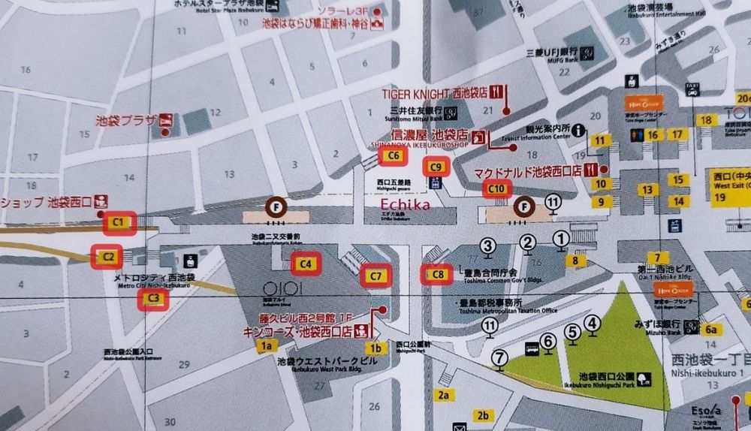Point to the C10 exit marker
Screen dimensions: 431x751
click(496, 188)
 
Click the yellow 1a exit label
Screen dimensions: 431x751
click(265, 346)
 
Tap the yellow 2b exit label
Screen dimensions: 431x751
click(484, 415)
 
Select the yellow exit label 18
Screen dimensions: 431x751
click(705, 120)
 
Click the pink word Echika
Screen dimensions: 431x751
click(406, 203)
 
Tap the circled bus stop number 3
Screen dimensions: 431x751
click(488, 245)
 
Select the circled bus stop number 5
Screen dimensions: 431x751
click(573, 330)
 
